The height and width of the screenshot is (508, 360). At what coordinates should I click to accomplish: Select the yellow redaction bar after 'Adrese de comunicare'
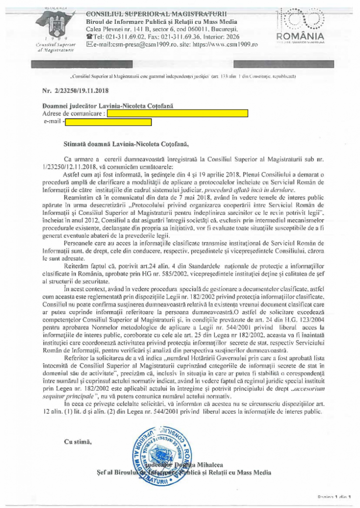coord(177,113)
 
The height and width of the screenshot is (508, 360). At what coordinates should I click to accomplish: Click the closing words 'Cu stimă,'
coord(78,442)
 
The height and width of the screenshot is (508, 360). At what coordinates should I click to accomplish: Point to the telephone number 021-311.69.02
coord(128,36)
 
